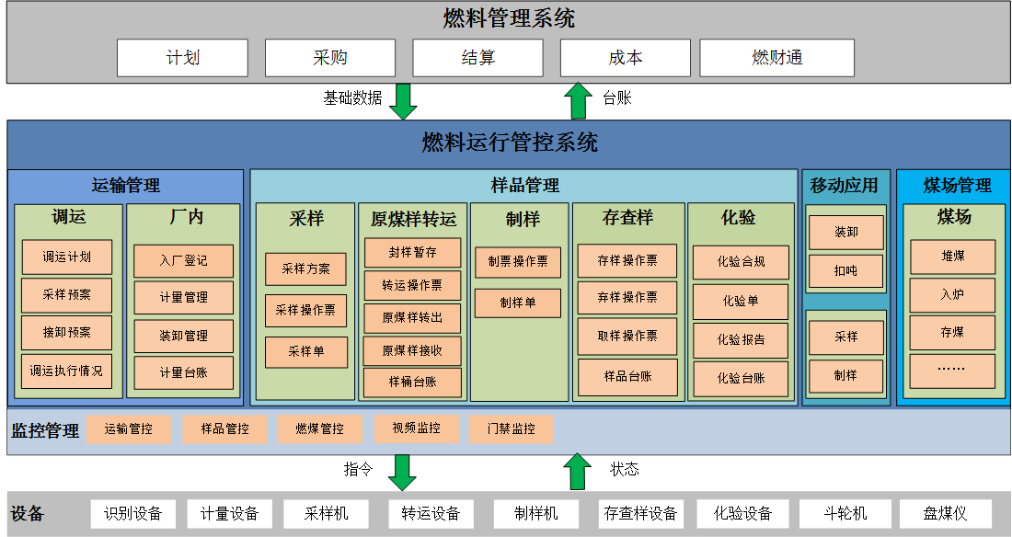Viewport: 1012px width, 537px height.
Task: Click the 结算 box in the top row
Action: pyautogui.click(x=477, y=58)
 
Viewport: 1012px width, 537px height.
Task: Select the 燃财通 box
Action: pyautogui.click(x=776, y=58)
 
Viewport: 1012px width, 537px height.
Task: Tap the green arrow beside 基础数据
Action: pyautogui.click(x=403, y=101)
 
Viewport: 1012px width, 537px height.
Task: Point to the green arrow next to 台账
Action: pyautogui.click(x=579, y=101)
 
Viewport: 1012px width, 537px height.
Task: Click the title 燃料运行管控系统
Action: pyautogui.click(x=509, y=143)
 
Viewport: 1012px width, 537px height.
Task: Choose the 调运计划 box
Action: pyautogui.click(x=66, y=257)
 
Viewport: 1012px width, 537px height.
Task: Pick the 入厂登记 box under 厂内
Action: pyautogui.click(x=183, y=261)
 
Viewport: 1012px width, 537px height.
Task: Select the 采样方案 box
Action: pyautogui.click(x=305, y=268)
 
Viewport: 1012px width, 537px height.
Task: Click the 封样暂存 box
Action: pyautogui.click(x=412, y=252)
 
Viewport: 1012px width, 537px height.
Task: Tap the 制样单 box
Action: pyautogui.click(x=517, y=303)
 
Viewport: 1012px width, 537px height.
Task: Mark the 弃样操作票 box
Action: pyautogui.click(x=627, y=297)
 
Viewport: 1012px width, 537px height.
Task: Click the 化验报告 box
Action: pyautogui.click(x=741, y=339)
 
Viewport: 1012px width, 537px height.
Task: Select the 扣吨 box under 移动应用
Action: pyautogui.click(x=845, y=271)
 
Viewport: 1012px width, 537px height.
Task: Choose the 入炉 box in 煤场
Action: pyautogui.click(x=952, y=295)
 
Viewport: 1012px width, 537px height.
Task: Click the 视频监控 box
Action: pyautogui.click(x=416, y=428)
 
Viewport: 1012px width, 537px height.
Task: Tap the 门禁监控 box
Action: pyautogui.click(x=511, y=428)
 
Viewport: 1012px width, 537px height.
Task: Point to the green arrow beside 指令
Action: pyautogui.click(x=403, y=472)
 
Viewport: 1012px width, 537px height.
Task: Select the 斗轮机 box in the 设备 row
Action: pyautogui.click(x=845, y=513)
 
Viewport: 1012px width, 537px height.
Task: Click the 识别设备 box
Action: pyautogui.click(x=132, y=513)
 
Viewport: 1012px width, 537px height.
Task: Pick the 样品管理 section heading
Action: pyautogui.click(x=524, y=185)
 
